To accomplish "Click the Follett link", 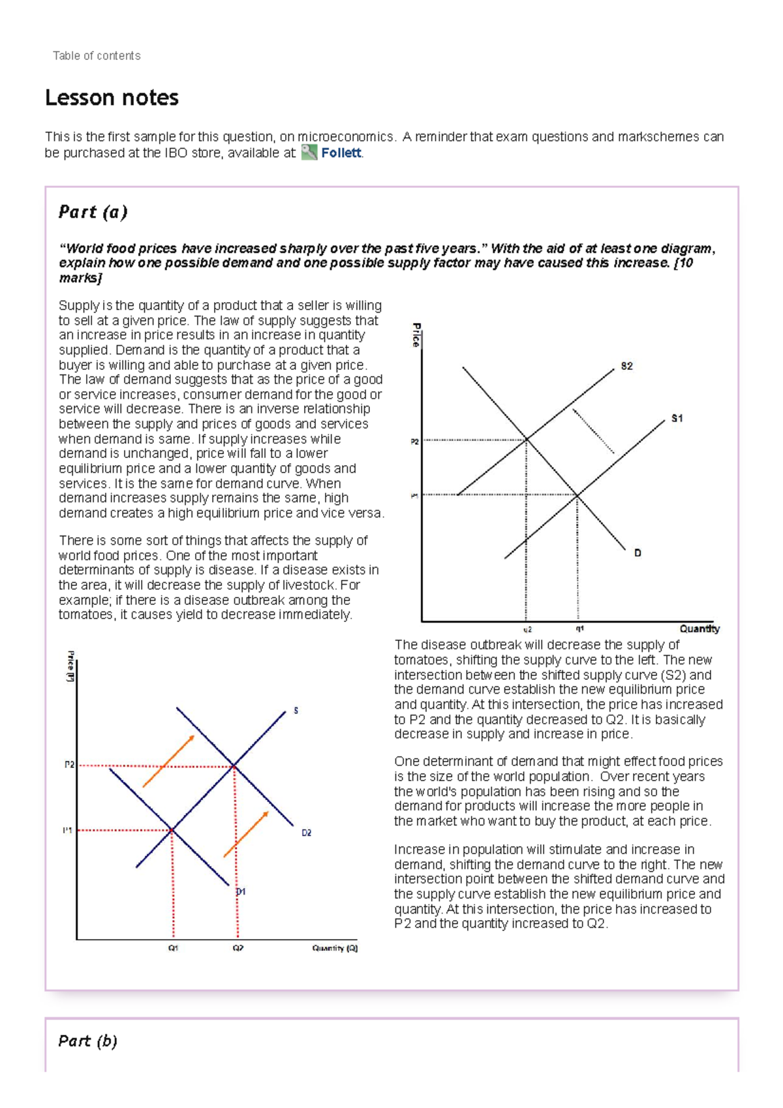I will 341,153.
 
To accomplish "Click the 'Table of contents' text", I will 97,55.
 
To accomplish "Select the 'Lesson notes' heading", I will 112,98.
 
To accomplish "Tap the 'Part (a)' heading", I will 93,212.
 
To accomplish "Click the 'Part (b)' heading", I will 87,1041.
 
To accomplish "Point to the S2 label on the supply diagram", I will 626,366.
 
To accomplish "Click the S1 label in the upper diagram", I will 677,418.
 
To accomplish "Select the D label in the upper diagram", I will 637,553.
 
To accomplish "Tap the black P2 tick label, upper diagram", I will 414,442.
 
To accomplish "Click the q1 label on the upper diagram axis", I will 579,629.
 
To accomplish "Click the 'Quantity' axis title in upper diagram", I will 699,628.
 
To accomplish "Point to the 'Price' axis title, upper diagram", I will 416,334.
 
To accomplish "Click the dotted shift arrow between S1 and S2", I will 593,431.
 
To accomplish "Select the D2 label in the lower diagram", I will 306,833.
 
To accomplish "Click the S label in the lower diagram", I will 296,710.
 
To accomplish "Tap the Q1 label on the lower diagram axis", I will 174,948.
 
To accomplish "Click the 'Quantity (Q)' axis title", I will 335,948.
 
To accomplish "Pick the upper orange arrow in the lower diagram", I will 169,760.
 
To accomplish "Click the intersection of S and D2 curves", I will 234,765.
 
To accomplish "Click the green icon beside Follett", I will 309,153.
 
